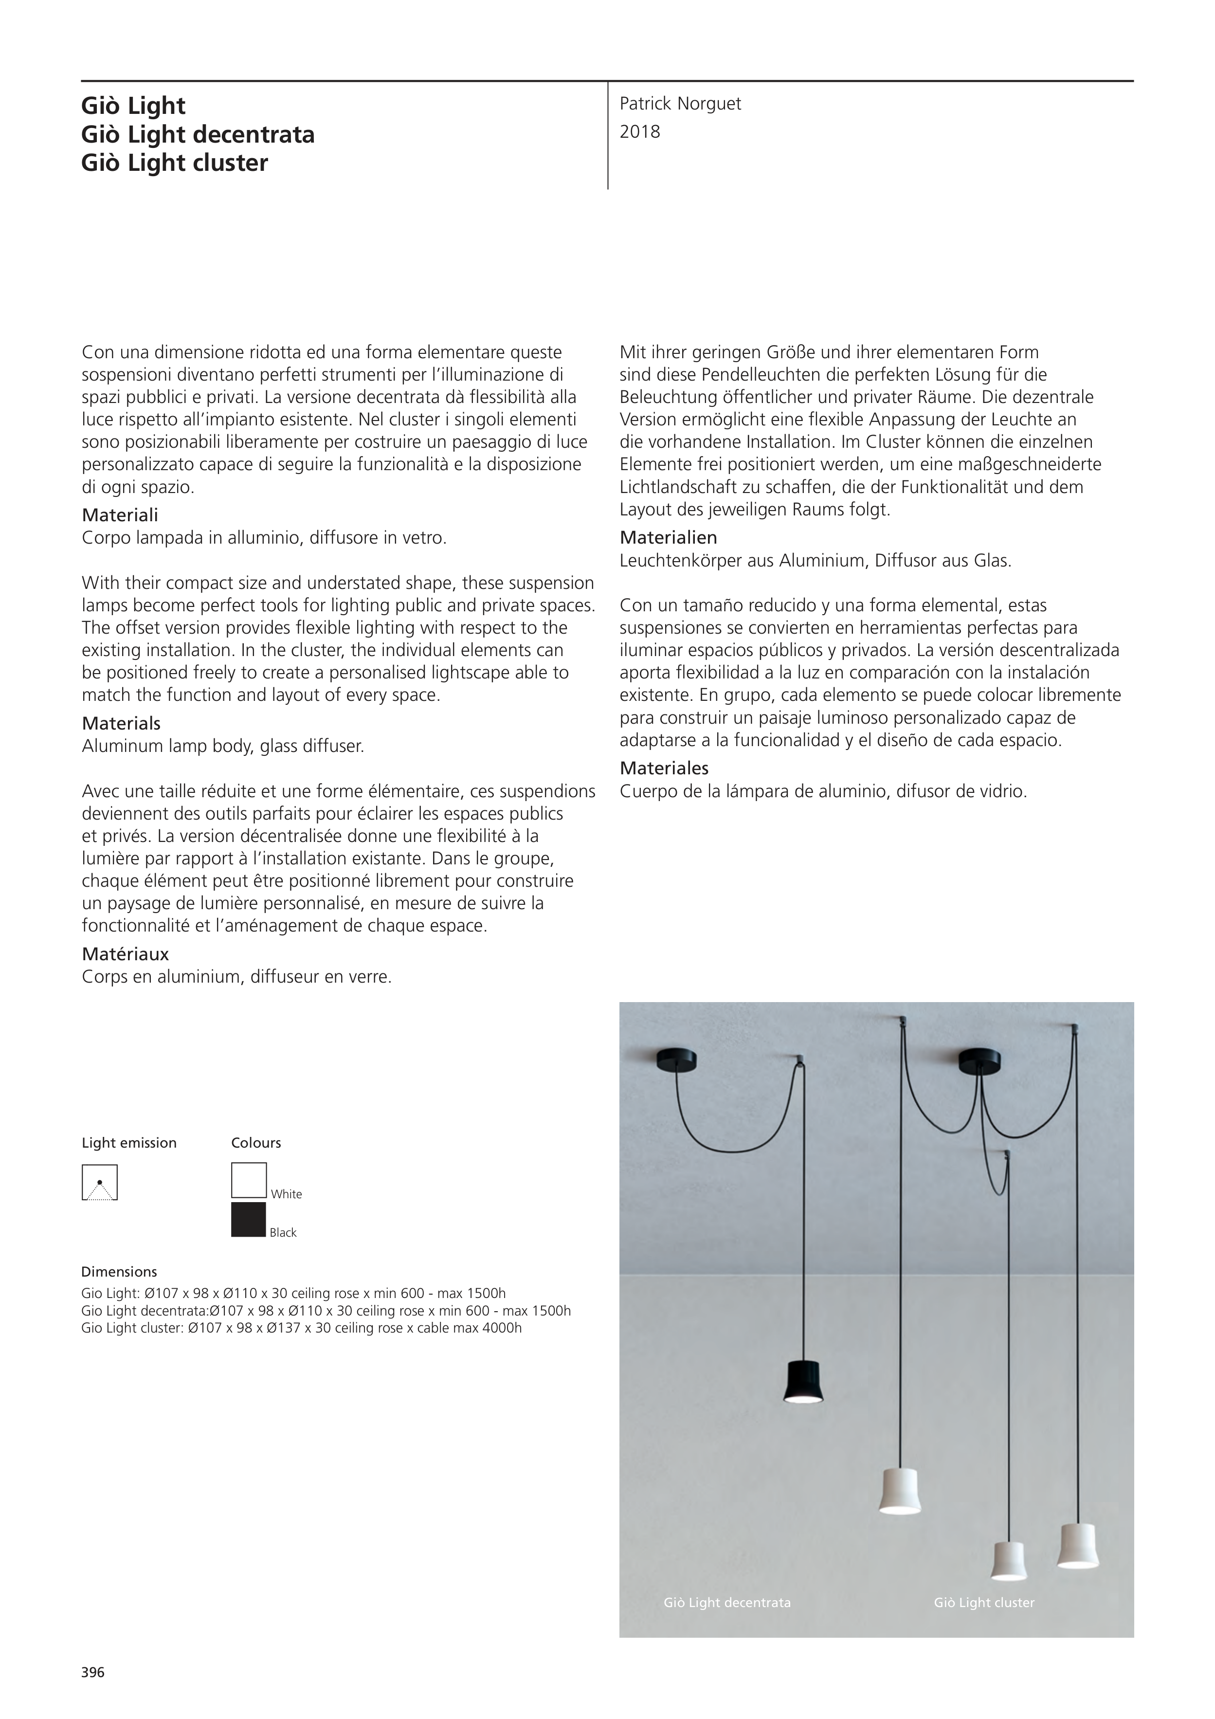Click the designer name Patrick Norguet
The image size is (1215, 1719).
point(680,104)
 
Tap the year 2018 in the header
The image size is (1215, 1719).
point(640,132)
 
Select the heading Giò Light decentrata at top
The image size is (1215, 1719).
point(198,135)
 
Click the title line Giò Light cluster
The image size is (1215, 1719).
point(174,163)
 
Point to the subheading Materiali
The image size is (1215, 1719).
point(120,515)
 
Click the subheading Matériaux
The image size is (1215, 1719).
point(125,954)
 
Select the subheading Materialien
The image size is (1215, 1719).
point(668,538)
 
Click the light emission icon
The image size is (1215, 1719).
point(100,1182)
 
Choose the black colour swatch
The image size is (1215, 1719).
point(249,1220)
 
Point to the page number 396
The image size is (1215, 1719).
point(93,1673)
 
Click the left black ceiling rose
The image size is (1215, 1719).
point(676,1059)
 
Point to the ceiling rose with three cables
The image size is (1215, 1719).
point(979,1060)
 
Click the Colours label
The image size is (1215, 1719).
point(256,1142)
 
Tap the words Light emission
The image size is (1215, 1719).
point(129,1142)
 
